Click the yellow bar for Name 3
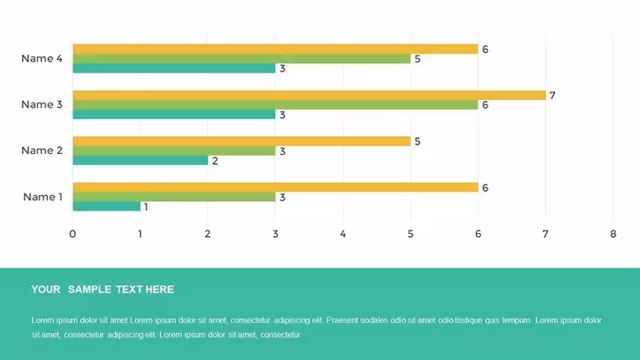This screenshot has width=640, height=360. [x=309, y=95]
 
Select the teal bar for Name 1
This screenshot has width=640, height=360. [x=107, y=206]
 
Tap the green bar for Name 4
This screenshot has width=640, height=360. [x=242, y=59]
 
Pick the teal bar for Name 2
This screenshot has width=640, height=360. [x=141, y=160]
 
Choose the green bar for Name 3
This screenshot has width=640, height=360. [x=275, y=105]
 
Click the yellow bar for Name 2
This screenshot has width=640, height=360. [x=242, y=141]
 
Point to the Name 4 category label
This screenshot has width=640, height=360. [x=41, y=59]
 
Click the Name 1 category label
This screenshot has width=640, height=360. [x=43, y=197]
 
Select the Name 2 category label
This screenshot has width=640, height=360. [x=41, y=151]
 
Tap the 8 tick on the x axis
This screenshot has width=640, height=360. [x=613, y=234]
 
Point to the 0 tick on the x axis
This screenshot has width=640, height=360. [x=72, y=234]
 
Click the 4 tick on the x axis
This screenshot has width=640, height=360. [x=343, y=234]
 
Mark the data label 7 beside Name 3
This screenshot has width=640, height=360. [x=552, y=95]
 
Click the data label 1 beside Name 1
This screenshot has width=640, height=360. [x=147, y=207]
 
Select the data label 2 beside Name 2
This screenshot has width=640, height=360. [x=215, y=161]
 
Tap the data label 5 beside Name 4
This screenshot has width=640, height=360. [x=417, y=59]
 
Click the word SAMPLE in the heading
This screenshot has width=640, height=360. [x=89, y=289]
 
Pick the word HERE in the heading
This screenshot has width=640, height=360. [x=160, y=289]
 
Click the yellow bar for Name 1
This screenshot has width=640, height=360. [x=275, y=188]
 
